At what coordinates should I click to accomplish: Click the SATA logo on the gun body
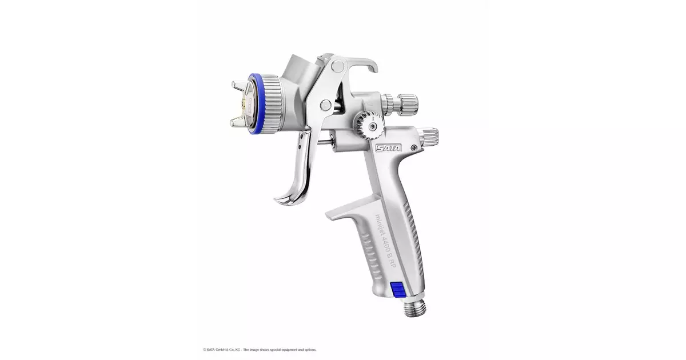(388, 148)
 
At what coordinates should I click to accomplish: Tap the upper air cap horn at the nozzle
(239, 87)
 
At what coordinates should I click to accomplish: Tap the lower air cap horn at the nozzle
(238, 121)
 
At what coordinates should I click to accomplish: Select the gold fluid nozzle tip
(247, 104)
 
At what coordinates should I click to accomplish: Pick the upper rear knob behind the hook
(402, 103)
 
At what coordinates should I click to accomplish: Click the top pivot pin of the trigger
(337, 67)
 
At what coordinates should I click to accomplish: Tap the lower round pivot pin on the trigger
(325, 105)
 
